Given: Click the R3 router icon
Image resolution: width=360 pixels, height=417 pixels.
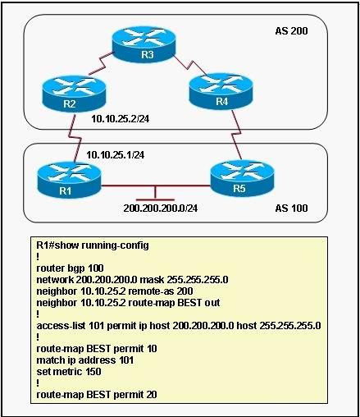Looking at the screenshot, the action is [144, 44].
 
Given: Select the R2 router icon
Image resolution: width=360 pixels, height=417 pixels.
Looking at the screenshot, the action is [74, 94].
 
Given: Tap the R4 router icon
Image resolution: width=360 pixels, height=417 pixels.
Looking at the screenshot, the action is [221, 92].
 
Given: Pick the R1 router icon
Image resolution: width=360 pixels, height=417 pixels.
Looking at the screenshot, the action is [70, 180].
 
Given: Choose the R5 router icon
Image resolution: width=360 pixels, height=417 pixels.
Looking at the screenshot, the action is [242, 178].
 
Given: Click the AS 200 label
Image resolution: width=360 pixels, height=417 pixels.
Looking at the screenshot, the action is [291, 31].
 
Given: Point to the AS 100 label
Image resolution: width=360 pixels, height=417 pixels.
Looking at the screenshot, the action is [291, 208].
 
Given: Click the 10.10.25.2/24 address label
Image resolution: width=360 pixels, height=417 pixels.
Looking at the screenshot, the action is [121, 119].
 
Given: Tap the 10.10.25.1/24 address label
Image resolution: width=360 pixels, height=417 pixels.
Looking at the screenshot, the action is [116, 155].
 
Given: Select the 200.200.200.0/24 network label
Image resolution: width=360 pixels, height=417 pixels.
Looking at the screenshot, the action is [161, 208].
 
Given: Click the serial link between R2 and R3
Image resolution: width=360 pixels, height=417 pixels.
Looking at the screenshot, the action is [101, 63].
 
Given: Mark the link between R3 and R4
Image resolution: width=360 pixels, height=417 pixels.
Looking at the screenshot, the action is [190, 65].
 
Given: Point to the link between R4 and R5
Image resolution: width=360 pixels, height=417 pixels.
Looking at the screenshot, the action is [237, 134].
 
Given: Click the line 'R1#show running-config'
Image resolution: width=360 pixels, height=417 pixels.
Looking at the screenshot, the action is [93, 245].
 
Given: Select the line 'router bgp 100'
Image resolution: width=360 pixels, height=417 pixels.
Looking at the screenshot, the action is [70, 268].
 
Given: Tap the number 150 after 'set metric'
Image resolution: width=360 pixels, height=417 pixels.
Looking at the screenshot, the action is [93, 372].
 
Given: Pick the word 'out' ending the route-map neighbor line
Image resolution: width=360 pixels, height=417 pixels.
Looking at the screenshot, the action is [212, 303].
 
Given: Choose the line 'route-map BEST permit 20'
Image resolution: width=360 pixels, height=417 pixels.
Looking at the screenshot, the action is [97, 395].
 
